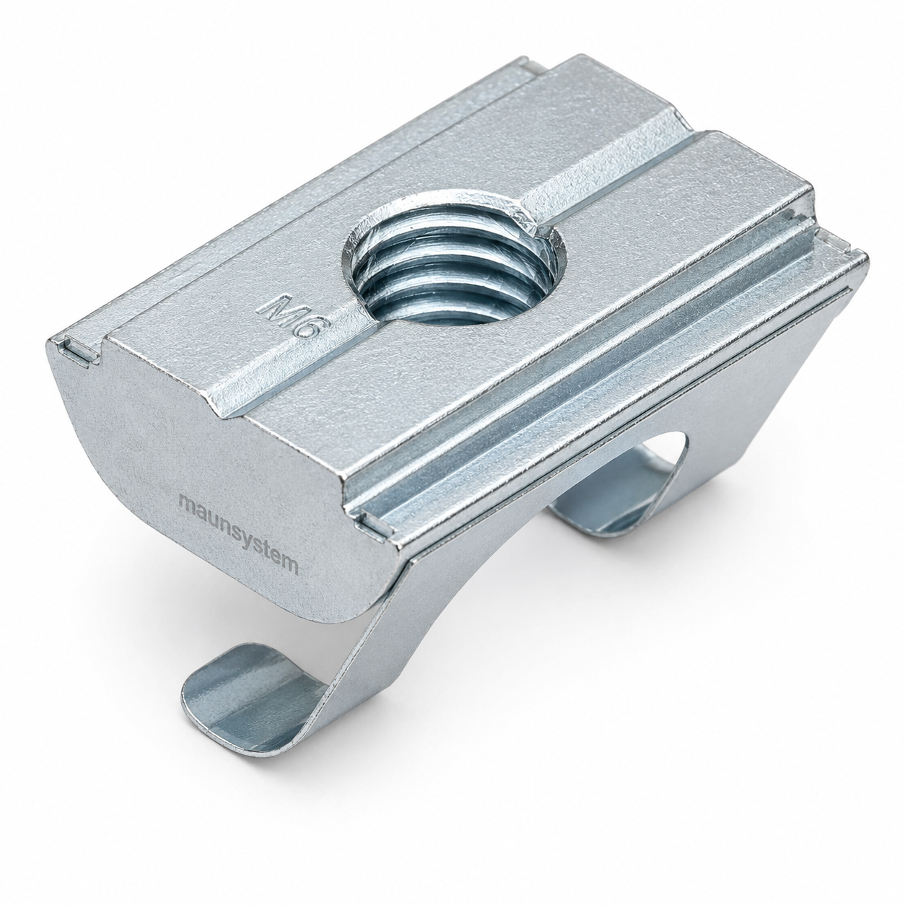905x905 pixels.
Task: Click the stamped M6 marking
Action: pyautogui.click(x=290, y=317)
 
